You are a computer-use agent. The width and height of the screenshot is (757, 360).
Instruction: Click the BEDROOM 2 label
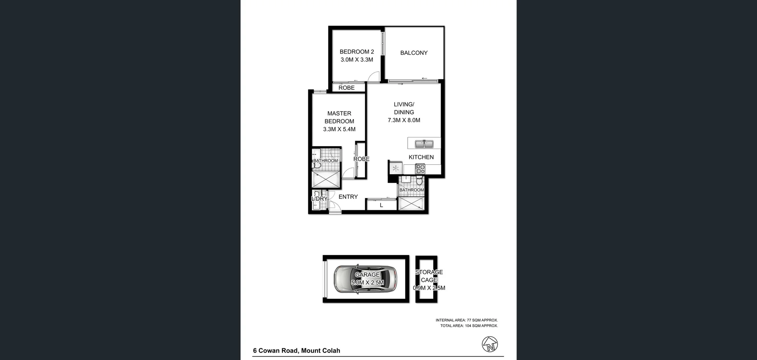356,52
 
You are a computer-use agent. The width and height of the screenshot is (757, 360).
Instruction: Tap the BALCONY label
414,53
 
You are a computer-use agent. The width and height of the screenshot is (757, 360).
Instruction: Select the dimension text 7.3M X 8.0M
404,120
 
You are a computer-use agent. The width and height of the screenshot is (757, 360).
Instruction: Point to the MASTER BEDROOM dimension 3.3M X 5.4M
339,129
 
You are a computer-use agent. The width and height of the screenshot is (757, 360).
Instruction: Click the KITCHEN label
421,157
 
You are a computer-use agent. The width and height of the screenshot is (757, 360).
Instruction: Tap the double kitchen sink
424,144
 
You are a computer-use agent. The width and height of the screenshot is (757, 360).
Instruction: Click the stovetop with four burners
420,169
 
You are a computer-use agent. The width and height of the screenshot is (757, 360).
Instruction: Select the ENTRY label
348,197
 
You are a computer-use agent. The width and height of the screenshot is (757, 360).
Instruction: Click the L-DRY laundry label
319,199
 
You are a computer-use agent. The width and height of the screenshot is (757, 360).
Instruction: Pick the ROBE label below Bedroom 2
346,88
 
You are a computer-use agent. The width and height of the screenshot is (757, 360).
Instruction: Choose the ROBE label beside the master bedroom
361,159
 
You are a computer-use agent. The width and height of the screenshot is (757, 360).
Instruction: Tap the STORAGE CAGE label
429,276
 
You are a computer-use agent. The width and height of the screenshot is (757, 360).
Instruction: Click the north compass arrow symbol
490,344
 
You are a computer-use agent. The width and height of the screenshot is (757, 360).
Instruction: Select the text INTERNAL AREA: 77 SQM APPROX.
466,320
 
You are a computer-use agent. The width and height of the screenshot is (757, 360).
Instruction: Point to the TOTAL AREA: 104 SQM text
469,326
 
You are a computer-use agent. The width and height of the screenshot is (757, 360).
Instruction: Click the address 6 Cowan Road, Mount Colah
296,351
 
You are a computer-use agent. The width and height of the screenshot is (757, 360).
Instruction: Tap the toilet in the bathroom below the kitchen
420,181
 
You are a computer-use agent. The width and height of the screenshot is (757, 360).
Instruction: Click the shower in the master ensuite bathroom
326,179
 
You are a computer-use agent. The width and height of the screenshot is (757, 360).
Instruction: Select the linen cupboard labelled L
381,205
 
